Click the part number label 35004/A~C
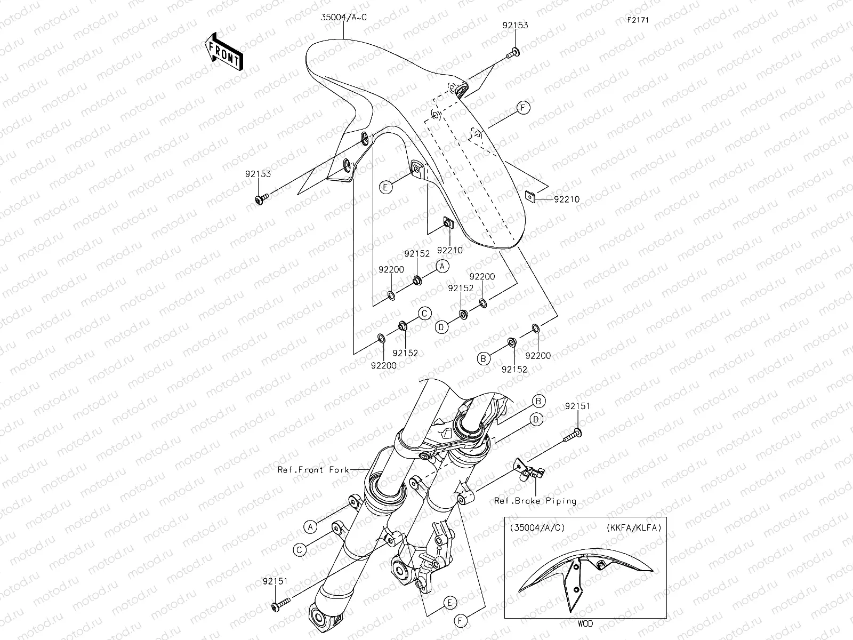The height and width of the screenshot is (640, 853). pos(344,18)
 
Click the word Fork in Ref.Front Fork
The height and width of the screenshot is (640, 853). pos(340,470)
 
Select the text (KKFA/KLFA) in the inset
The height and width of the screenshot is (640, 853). pos(633,528)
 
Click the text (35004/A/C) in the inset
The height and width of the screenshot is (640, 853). pos(537,528)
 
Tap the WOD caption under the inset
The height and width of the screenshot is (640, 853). pos(584,623)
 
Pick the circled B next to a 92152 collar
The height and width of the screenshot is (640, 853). pos(484,359)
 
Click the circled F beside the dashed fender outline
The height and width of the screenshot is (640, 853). pos(523,108)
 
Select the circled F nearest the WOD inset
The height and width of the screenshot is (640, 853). pos(461,621)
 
